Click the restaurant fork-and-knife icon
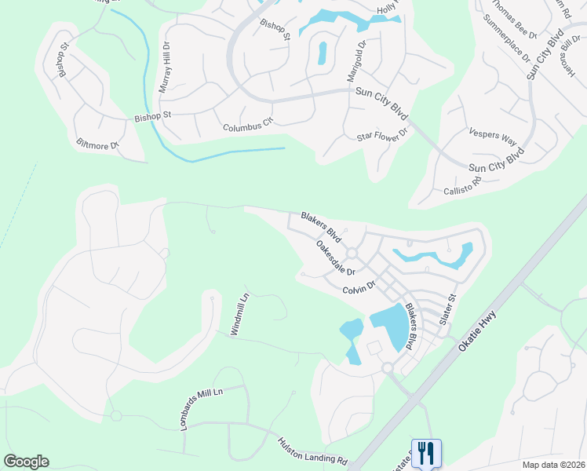coord(426,453)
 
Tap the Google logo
coord(26,462)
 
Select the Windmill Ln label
coord(239,316)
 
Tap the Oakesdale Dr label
coord(335,257)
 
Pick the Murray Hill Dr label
coord(164,68)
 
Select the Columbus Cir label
coord(247,125)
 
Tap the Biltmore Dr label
coord(97,144)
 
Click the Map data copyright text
coord(552,465)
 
